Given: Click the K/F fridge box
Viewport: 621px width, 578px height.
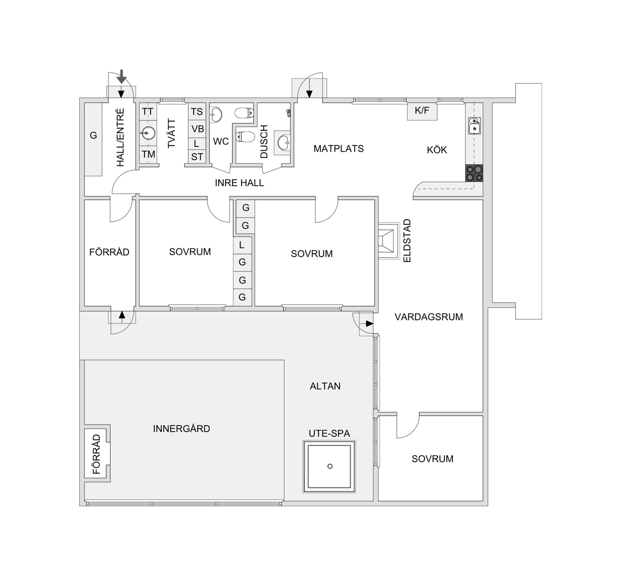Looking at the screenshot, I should point(422,111).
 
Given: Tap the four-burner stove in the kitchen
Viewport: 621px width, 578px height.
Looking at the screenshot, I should point(474,173).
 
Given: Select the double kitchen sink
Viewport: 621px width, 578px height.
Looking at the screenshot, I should point(474,125).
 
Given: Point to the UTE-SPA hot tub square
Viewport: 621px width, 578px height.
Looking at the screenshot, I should point(329,466).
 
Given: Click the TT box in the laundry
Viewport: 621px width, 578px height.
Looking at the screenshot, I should point(148,112).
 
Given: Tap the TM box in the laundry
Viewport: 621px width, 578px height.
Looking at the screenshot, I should point(148,154).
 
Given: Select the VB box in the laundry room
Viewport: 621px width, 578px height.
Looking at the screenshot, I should point(197,129).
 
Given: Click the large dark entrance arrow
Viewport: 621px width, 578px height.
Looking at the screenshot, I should point(122,76).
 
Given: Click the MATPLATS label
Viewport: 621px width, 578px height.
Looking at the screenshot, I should point(338,148).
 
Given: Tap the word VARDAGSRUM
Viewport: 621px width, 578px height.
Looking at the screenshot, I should point(429,317).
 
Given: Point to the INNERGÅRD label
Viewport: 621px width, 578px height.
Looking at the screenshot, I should point(181,429).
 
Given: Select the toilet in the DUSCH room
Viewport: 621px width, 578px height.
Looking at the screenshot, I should point(244,137).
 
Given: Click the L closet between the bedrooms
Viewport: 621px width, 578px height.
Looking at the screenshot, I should point(242,245).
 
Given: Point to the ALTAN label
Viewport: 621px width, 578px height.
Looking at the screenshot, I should point(325,386).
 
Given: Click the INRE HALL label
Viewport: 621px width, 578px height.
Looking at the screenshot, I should point(239,183).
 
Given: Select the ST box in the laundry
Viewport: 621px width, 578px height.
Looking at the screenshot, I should point(197,157).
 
